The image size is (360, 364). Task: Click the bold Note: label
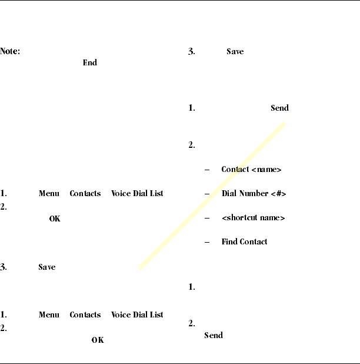[10, 52]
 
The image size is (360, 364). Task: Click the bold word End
[89, 62]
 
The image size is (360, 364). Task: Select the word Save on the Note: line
[235, 52]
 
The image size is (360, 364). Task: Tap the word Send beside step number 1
[279, 108]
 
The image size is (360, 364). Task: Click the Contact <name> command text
[251, 170]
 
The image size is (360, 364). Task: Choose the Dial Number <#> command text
[254, 194]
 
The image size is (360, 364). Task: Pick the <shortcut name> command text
[253, 218]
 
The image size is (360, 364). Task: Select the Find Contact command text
[244, 241]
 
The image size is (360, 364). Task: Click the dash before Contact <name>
[206, 170]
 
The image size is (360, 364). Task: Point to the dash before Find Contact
[206, 241]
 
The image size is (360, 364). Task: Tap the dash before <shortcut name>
[206, 218]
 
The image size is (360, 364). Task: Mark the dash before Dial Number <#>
[206, 194]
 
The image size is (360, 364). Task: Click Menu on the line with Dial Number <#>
[49, 193]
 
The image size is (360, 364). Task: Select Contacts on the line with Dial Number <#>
[85, 193]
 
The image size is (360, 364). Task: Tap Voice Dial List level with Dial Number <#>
[137, 193]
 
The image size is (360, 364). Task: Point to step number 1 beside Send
[191, 108]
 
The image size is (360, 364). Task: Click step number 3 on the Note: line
[191, 52]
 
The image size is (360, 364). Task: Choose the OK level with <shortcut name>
[54, 219]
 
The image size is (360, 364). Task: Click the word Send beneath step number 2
[213, 335]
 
